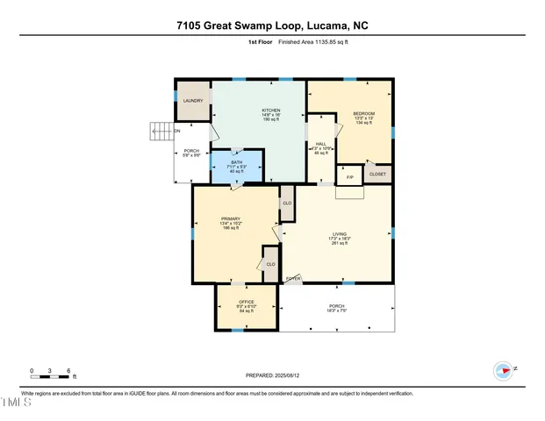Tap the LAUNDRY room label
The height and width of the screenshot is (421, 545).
[x=193, y=101]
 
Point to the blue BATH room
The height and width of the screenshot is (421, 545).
[x=234, y=166]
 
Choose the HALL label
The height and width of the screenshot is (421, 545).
[x=320, y=146]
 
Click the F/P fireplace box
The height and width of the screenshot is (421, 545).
[x=349, y=178]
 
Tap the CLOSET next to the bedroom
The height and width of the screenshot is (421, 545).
[x=377, y=175]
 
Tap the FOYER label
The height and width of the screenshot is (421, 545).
[x=293, y=279]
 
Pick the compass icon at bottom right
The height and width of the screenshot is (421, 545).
[x=503, y=369]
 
